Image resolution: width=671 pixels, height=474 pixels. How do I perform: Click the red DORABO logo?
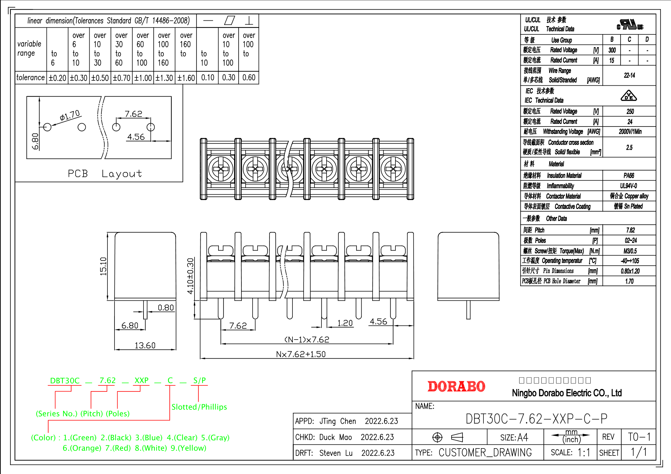click(456, 386)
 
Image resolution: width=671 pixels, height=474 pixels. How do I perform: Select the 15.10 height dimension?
click(103, 266)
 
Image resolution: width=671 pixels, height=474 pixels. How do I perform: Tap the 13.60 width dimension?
click(145, 345)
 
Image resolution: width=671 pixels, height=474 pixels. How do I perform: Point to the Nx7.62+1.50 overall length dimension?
click(301, 354)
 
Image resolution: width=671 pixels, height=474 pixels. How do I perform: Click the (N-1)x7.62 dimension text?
click(306, 340)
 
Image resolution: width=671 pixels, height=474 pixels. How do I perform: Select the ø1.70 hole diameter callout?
click(70, 115)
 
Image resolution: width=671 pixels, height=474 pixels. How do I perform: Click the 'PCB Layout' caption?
click(105, 174)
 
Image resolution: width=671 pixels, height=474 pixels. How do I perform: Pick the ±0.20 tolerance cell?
click(57, 78)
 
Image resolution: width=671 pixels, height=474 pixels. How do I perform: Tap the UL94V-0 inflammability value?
click(629, 186)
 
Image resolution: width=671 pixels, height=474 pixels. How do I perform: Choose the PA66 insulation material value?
click(629, 176)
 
